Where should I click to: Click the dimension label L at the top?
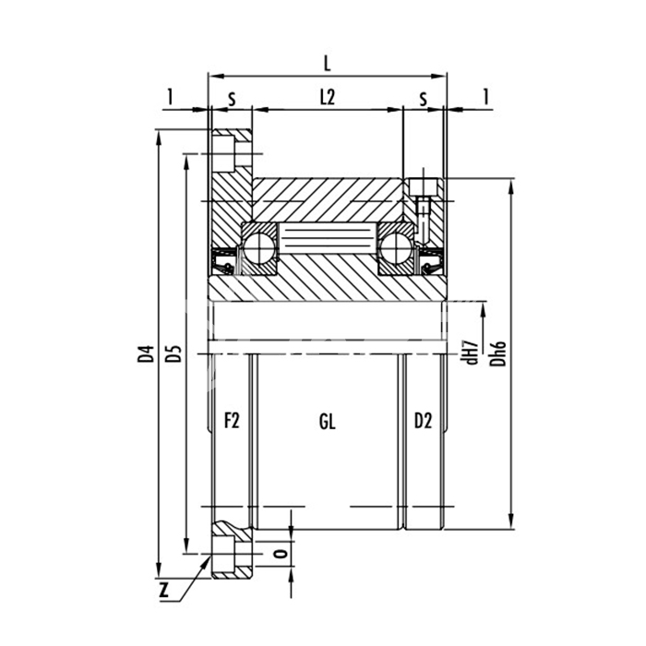(327, 64)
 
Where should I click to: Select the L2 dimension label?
(328, 98)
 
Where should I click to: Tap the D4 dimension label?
(146, 354)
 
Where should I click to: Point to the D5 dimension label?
(173, 353)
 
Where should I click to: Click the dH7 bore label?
(473, 353)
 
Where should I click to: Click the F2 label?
(232, 421)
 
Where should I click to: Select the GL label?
(328, 422)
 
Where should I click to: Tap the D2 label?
(423, 421)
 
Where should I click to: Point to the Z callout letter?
(164, 592)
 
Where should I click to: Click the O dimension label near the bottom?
(281, 554)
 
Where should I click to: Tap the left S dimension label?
(232, 100)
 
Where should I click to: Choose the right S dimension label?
(423, 100)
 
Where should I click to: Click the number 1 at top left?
(170, 97)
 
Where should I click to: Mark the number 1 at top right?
(486, 97)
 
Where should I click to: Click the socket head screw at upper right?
(423, 206)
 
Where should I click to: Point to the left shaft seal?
(223, 261)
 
